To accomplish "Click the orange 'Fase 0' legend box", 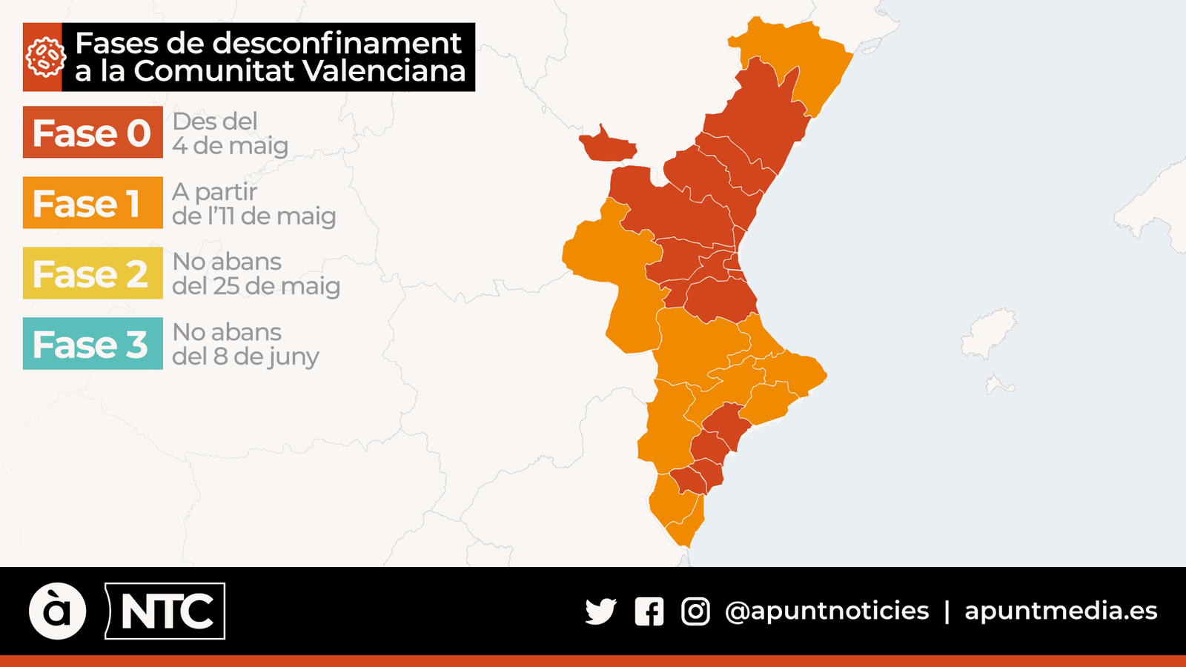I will pos(93,133).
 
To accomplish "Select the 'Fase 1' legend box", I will pos(93,203).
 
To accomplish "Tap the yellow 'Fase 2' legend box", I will pos(93,273).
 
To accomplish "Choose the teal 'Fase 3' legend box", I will pos(93,344).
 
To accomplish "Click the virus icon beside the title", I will pos(43,57).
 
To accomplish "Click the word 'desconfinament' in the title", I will pos(337,43).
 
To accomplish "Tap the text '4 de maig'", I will pos(230,146).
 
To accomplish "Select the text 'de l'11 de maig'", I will pos(254,216).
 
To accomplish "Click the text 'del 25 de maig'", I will pos(256,286).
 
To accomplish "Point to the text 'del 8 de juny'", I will pos(245,356).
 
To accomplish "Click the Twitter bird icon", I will pos(600,611).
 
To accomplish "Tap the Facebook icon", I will pos(649,611).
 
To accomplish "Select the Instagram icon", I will pos(695,611).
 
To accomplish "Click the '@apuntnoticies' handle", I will pos(826,611).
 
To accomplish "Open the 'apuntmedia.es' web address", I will pos(1061,611).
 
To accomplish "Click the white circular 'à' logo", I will pos(58,611).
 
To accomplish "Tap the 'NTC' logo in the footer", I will pos(166,611).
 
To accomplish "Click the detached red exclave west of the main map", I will pos(608,146).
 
